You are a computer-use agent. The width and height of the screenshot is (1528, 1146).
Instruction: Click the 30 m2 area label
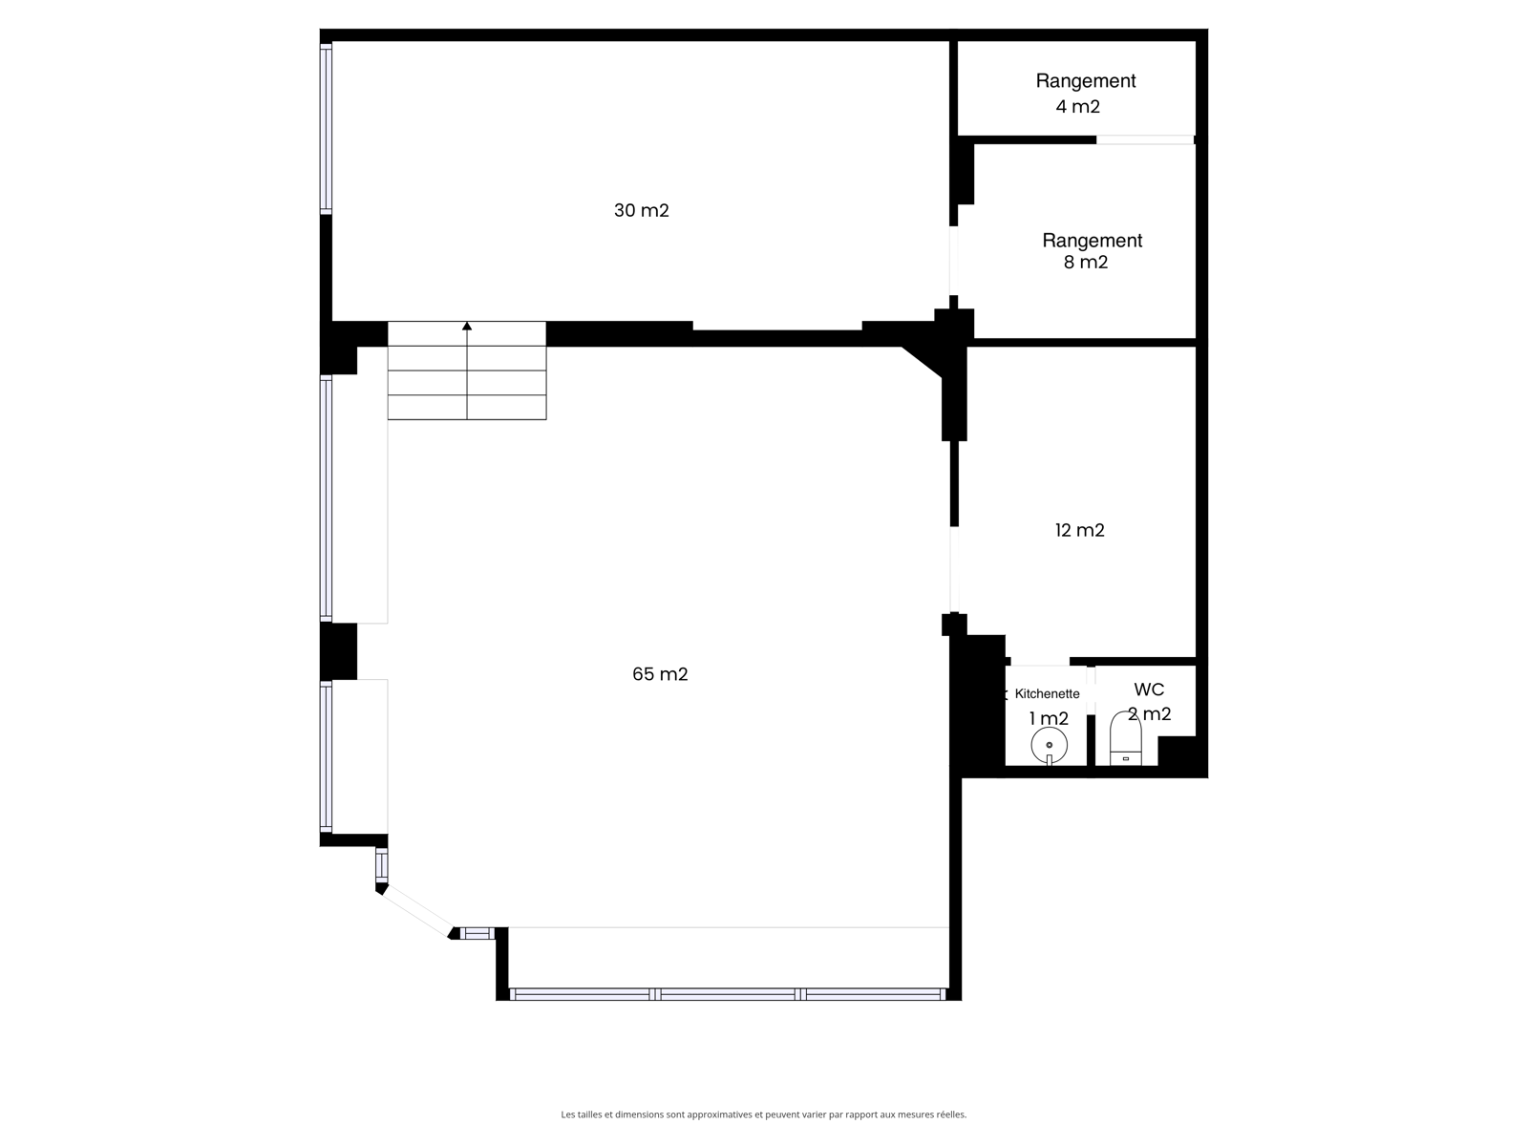(641, 210)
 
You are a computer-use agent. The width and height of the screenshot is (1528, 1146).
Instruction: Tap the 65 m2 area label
(660, 673)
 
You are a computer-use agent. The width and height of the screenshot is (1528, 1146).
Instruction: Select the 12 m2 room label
(1080, 530)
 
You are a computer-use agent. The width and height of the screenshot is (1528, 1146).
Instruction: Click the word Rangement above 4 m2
(1085, 81)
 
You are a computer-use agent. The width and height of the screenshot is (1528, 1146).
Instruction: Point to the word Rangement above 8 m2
(1093, 241)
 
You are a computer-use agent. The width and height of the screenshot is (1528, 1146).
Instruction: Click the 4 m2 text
(1077, 106)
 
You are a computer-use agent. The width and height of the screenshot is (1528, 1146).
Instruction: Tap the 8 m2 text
(1085, 263)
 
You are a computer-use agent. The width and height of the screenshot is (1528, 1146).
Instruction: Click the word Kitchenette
(1047, 693)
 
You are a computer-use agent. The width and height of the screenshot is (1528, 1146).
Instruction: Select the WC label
(1149, 690)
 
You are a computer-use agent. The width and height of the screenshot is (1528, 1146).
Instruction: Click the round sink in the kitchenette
(1049, 745)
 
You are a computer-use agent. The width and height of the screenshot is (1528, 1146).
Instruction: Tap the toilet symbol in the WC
(1125, 737)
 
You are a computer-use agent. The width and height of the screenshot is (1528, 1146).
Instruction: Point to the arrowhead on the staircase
(467, 326)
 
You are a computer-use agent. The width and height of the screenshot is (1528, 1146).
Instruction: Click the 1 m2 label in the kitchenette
(1049, 719)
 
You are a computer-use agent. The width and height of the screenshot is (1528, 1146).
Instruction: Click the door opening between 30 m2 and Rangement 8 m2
(953, 260)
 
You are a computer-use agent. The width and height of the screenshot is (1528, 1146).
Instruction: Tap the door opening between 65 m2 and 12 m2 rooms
(954, 569)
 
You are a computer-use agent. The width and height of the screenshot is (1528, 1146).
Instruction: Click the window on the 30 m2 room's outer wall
(326, 128)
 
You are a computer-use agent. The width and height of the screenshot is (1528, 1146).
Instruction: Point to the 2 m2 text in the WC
(1149, 714)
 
